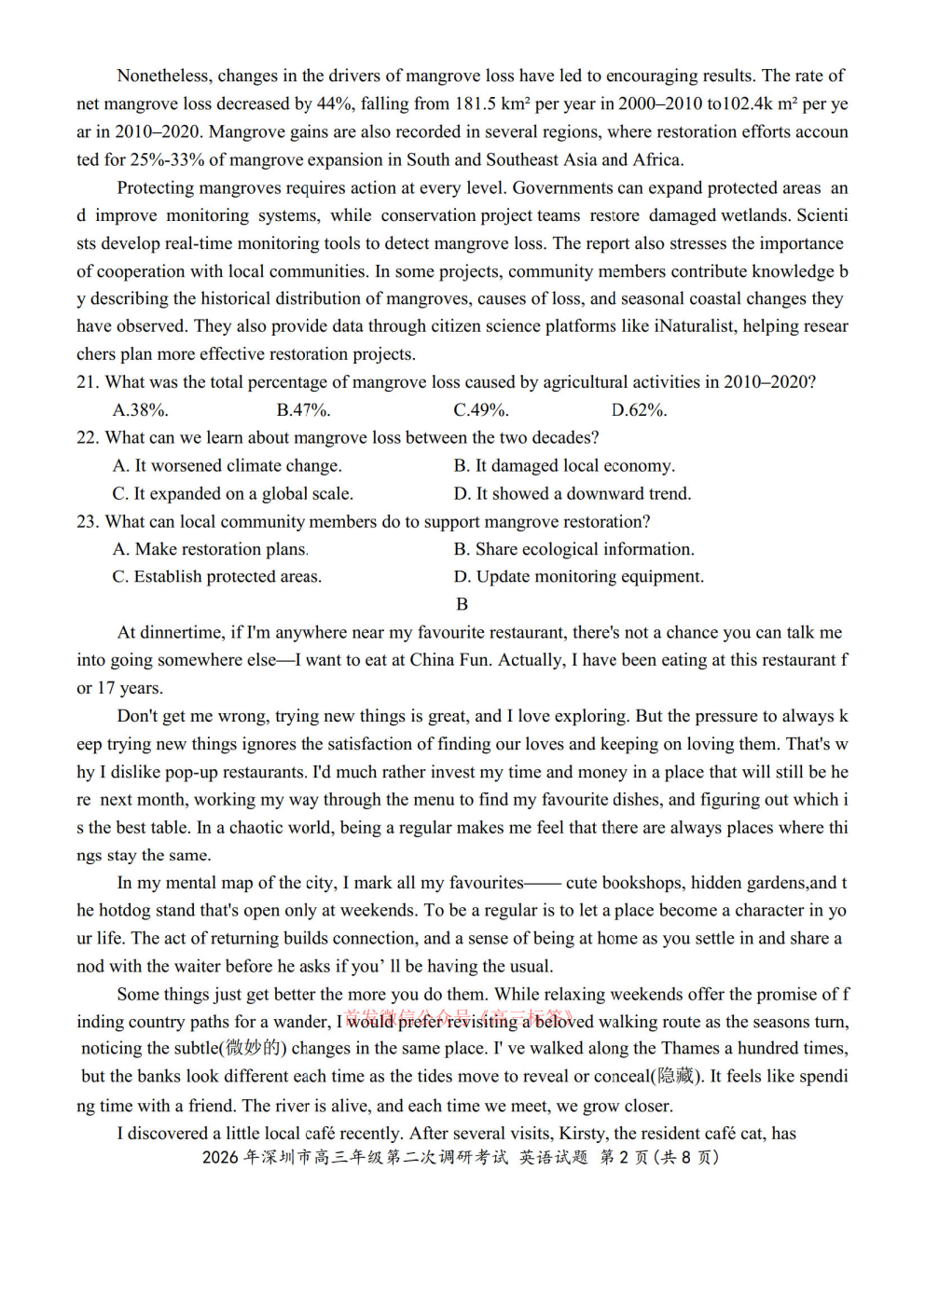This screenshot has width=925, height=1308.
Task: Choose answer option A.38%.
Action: (141, 410)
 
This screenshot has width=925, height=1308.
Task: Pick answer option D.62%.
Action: (640, 410)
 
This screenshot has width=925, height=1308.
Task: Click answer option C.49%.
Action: (481, 410)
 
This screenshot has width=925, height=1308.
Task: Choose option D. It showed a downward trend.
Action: (573, 494)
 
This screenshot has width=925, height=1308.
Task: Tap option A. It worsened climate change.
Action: (228, 466)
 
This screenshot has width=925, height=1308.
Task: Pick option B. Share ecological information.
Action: (574, 550)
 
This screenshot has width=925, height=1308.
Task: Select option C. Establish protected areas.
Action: (217, 577)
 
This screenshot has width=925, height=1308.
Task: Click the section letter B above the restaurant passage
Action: (462, 605)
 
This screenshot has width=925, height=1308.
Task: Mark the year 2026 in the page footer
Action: (220, 1158)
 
